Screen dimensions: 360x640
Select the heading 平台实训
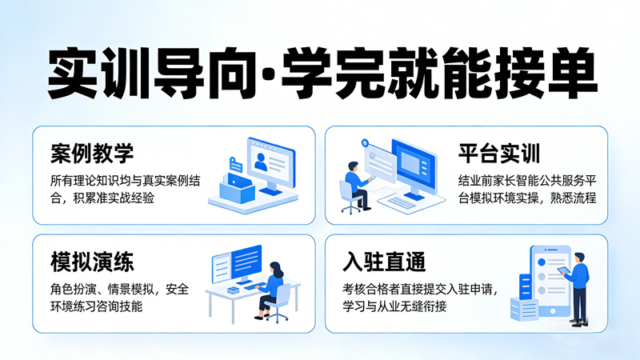[500, 153]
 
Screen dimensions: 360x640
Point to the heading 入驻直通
[383, 262]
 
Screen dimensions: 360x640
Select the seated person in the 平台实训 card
[354, 183]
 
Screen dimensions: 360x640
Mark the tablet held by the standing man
[562, 271]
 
